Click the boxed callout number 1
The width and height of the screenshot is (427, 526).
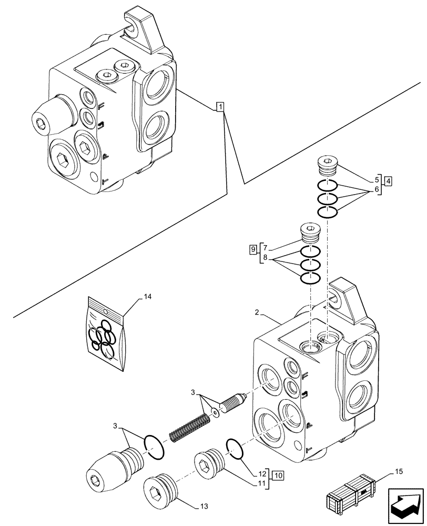point(220,107)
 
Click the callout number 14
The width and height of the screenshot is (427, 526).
point(147,297)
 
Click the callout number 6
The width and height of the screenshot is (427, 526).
point(377,189)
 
